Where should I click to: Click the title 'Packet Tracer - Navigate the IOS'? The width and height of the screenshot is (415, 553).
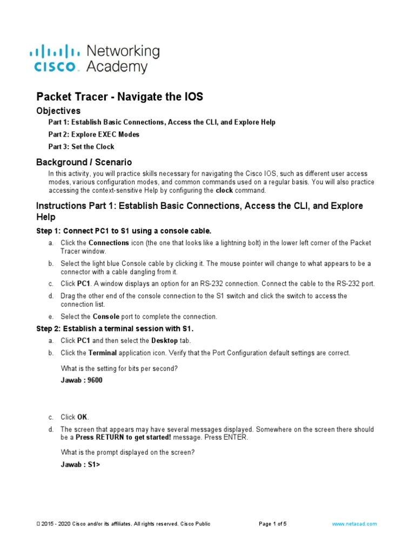pos(119,97)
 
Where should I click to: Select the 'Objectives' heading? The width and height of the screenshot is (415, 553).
pos(58,111)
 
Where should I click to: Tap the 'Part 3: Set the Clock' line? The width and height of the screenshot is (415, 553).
pos(82,146)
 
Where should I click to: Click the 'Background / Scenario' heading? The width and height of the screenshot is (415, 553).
pos(84,162)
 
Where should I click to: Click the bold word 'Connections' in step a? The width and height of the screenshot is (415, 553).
pos(109,243)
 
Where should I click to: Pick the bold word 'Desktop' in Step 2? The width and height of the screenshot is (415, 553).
pos(164,341)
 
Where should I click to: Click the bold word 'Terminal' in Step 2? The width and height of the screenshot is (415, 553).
pos(103,353)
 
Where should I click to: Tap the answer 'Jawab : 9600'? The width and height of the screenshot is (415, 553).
pos(82,380)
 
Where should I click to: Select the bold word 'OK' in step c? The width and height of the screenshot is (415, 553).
pos(82,417)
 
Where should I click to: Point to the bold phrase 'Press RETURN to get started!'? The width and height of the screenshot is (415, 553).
pos(123,437)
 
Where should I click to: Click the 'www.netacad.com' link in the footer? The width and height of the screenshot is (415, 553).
pos(354,524)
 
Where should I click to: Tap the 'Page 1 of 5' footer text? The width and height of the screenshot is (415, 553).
pos(273,524)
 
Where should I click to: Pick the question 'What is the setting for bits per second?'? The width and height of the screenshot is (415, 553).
pos(119,368)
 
